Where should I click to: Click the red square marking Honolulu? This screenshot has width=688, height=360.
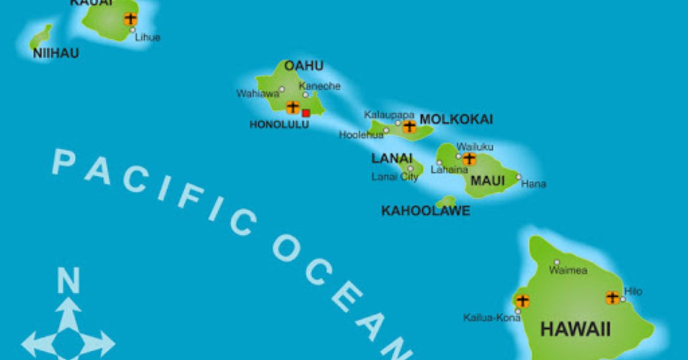pyautogui.click(x=306, y=113)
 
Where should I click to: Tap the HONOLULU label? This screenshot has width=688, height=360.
pyautogui.click(x=279, y=124)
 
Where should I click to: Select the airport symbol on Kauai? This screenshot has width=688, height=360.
pyautogui.click(x=131, y=18)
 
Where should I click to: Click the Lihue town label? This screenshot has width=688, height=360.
pyautogui.click(x=147, y=38)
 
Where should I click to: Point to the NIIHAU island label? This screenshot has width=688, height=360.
pyautogui.click(x=56, y=53)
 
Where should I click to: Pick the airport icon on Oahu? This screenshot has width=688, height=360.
pyautogui.click(x=292, y=107)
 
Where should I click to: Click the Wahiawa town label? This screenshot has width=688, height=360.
pyautogui.click(x=257, y=93)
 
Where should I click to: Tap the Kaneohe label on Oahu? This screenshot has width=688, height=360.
pyautogui.click(x=319, y=86)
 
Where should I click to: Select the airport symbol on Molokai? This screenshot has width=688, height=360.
pyautogui.click(x=409, y=126)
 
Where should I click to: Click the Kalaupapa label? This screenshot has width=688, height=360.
pyautogui.click(x=389, y=115)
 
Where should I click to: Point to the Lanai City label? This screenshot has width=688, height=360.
pyautogui.click(x=395, y=177)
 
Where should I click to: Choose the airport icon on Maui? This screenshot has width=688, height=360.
pyautogui.click(x=470, y=159)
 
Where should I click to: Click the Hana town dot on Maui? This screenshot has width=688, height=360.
pyautogui.click(x=518, y=177)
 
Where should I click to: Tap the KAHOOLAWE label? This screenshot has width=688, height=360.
pyautogui.click(x=425, y=211)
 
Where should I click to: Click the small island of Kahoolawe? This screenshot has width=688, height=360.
pyautogui.click(x=446, y=201)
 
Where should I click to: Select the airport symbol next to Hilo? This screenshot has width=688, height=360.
pyautogui.click(x=612, y=298)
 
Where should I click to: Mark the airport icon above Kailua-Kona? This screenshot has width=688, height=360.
pyautogui.click(x=522, y=300)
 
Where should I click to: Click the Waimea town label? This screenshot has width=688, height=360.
pyautogui.click(x=568, y=270)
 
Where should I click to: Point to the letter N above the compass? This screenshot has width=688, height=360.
pyautogui.click(x=68, y=282)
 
